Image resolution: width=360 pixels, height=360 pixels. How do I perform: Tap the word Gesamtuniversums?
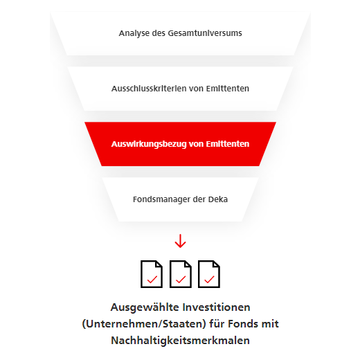tap(205, 33)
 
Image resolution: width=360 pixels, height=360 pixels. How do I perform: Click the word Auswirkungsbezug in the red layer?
tap(149, 144)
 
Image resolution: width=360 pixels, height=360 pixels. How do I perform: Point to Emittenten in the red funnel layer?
tap(228, 144)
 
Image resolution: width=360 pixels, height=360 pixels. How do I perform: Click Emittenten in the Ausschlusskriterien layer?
tap(228, 89)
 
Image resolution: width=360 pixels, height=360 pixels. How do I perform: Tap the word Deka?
tap(218, 199)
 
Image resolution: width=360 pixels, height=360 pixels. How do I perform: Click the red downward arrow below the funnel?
tap(180, 241)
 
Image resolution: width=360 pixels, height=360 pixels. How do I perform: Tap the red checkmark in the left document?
tap(152, 280)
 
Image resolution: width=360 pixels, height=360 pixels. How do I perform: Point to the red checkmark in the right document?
tap(209, 280)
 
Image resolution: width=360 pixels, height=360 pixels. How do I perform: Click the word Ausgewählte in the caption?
tap(145, 307)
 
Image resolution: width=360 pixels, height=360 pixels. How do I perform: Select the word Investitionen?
tap(216, 307)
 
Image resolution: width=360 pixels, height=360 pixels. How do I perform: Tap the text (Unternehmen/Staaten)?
tap(144, 324)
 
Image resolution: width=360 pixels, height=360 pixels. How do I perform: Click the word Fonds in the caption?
tap(243, 324)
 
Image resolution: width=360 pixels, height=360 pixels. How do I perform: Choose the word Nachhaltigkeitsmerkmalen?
tap(180, 341)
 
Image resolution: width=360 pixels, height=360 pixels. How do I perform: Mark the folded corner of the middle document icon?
tap(188, 264)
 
